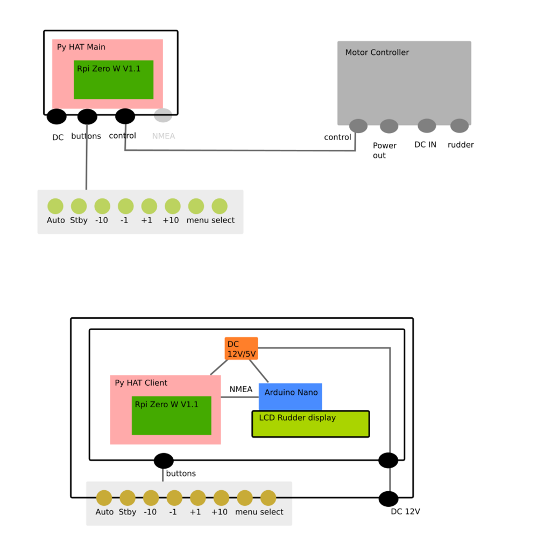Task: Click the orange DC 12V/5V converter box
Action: coord(241,348)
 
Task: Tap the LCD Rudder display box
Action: coord(310,424)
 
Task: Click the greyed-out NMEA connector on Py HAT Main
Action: coord(163,115)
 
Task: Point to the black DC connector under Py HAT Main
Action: coord(56,116)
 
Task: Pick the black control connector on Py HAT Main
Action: coord(125,116)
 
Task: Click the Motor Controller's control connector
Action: coord(358,126)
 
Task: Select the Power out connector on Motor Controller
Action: coord(389,127)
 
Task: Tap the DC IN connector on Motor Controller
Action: coord(427,126)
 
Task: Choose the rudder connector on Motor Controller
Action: coord(460,126)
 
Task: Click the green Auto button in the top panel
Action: coord(55,206)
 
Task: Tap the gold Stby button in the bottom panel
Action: coord(128,498)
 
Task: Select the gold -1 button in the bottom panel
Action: coord(174,498)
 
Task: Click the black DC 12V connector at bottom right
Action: coord(388,499)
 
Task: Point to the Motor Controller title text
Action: coord(377,52)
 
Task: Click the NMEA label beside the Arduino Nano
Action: coord(241,389)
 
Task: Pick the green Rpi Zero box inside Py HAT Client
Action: coord(171,415)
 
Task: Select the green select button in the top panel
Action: coord(220,206)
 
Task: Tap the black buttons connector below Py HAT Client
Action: coord(164,461)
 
